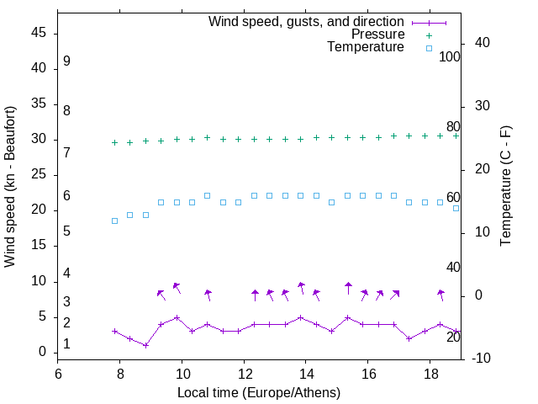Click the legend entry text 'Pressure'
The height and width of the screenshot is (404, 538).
pos(379,35)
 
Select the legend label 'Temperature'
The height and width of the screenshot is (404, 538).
pos(366,48)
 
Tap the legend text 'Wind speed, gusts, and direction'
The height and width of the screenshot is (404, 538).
pos(307,21)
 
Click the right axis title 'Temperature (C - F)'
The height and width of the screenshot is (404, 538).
pos(506,187)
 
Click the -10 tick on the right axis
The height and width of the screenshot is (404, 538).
pos(484,359)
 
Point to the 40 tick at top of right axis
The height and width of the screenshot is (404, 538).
pos(483,43)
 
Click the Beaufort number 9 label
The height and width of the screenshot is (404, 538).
pos(66,61)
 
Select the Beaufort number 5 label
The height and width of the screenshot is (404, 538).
pos(66,231)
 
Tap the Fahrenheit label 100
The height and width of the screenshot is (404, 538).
pos(450,56)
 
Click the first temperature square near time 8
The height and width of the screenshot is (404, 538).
pos(114,221)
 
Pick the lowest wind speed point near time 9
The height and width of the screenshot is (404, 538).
pos(145,345)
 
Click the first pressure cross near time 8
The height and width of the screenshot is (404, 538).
pos(114,142)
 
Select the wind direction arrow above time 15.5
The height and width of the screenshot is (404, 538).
pos(348,288)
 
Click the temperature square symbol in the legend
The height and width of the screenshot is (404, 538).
pos(429,49)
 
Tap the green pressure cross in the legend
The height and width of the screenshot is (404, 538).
pos(429,35)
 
